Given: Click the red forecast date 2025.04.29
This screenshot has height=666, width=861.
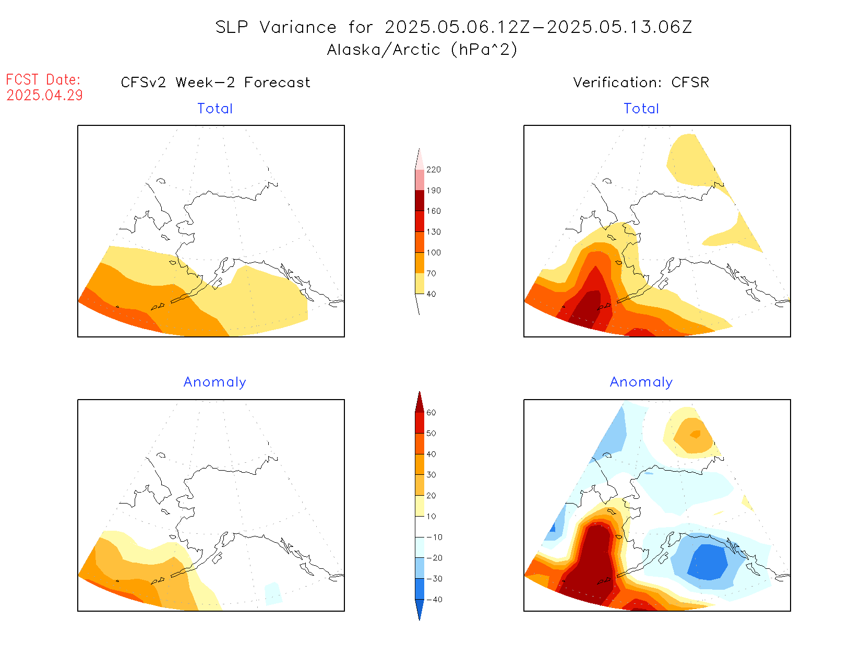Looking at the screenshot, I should point(44,95).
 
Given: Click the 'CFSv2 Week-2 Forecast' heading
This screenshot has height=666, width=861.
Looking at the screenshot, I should point(215,83).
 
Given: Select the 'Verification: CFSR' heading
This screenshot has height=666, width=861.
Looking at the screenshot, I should point(641,83).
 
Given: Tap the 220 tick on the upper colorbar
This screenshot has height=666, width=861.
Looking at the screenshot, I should point(433,170).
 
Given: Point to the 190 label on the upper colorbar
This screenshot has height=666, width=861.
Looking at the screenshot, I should point(433,191).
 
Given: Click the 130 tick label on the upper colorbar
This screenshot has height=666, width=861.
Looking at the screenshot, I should point(433,232).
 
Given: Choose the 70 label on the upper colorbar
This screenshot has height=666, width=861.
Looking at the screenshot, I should point(431,273).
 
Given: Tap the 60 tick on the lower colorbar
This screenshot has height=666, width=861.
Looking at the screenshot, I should point(431,413).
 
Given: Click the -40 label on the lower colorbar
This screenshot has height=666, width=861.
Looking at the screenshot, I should point(434,600).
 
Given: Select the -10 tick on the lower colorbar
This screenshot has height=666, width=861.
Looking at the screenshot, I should point(434,537).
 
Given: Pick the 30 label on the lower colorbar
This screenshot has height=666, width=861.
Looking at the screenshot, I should point(431,475).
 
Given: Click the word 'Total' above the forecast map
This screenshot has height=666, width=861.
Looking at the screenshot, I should point(215,109).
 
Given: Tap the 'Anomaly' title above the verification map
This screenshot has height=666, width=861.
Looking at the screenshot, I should point(641,382).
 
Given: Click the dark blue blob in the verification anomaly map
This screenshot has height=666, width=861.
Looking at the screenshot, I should point(708,562).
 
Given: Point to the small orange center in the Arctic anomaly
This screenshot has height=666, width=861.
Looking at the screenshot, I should point(695,434).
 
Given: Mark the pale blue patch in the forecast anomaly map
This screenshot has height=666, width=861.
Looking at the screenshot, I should point(273,593).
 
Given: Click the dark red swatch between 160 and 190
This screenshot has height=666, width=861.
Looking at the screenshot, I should point(420,201).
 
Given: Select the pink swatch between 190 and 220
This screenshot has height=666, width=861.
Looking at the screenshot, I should point(420,180).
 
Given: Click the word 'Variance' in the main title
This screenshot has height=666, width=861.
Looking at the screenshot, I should point(298,27).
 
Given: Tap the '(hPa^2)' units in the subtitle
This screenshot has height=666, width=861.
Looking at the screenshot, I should point(484,50).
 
